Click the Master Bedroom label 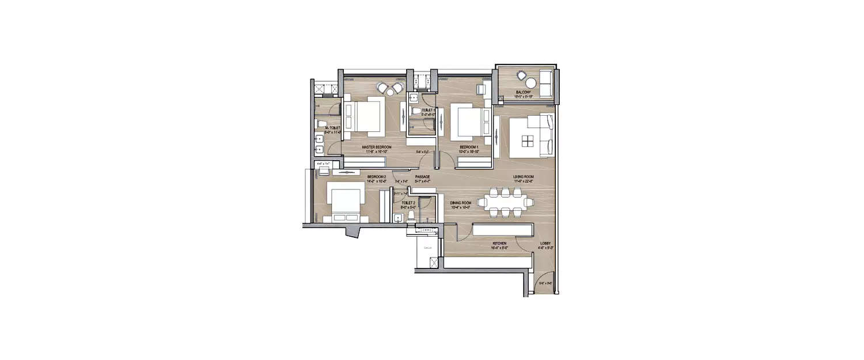377,147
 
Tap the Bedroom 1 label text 469,147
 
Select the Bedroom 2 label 376,176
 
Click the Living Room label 524,177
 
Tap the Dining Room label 461,203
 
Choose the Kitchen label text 499,244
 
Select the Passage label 422,177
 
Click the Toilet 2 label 408,203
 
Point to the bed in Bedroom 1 465,122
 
